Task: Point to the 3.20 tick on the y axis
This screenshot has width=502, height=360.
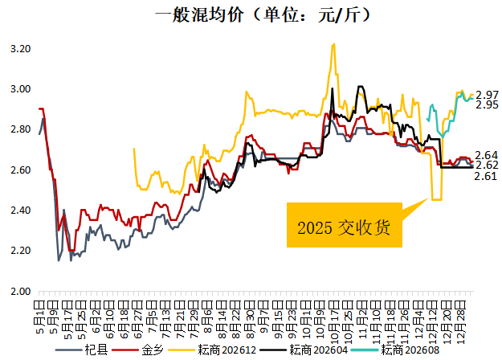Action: (19, 49)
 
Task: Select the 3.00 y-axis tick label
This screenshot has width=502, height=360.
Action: (19, 89)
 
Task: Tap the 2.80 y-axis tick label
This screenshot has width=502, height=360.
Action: (19, 129)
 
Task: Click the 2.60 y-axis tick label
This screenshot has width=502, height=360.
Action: (19, 170)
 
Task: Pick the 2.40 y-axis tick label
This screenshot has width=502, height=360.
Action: (19, 211)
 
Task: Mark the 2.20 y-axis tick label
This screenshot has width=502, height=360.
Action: (19, 251)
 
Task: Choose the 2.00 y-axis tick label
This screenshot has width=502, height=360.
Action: (19, 291)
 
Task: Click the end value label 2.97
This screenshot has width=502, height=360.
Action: (487, 95)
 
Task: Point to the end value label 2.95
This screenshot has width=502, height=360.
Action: (487, 105)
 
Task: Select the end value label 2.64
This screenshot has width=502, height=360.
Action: (487, 155)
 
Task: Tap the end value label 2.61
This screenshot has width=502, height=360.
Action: (487, 176)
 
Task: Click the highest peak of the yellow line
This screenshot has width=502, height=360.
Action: (333, 44)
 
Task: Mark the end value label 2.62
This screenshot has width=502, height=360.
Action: (487, 166)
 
